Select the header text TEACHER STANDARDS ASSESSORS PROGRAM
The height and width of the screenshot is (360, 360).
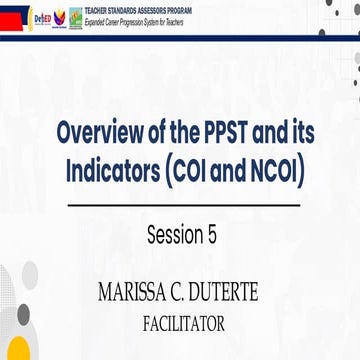pyautogui.click(x=170, y=12)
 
